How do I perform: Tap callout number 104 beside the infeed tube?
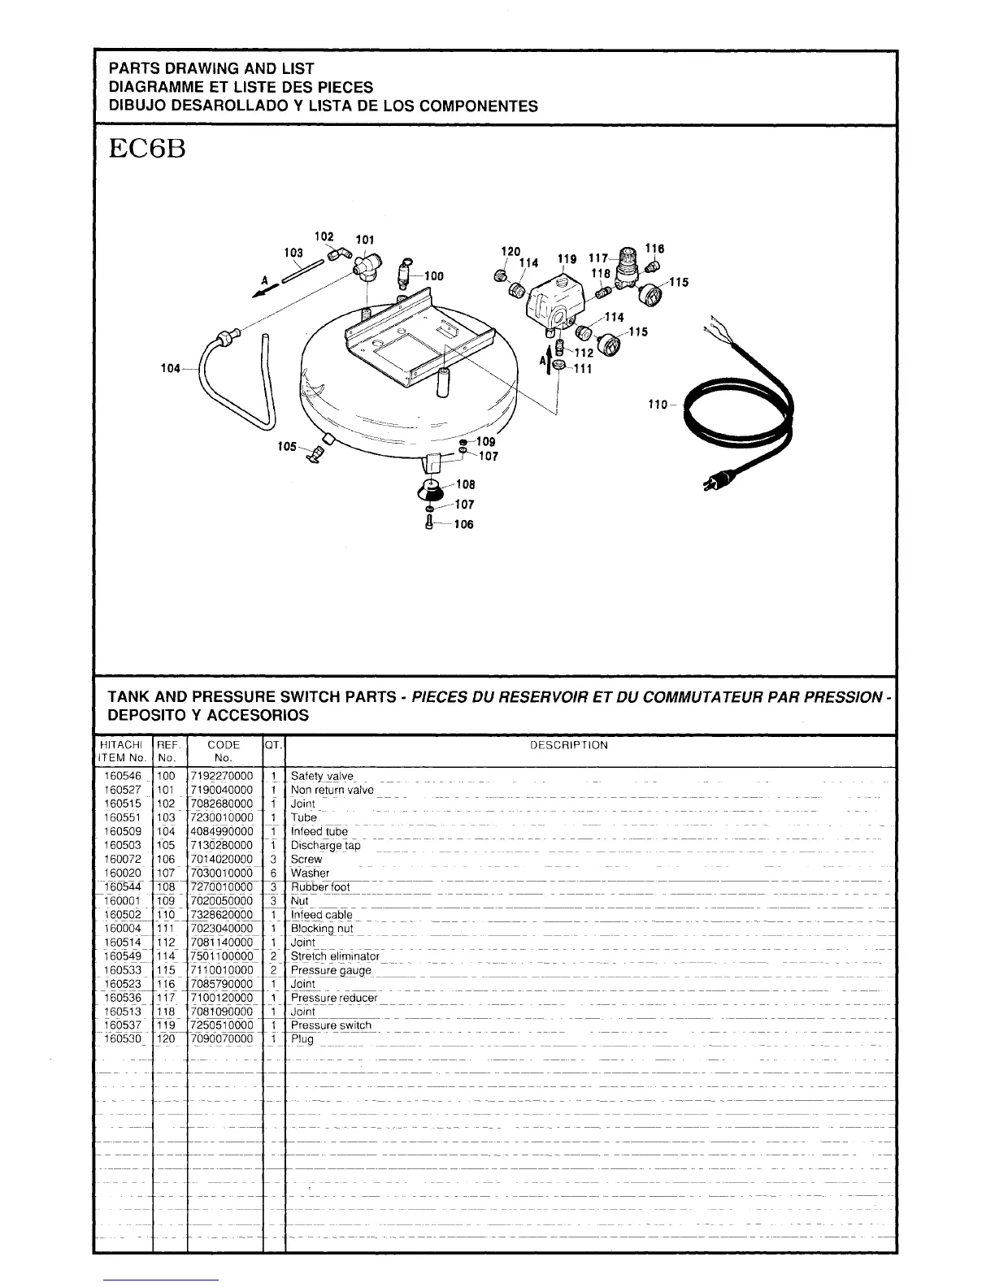pos(170,369)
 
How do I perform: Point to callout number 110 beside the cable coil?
pos(657,405)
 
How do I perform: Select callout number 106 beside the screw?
pos(463,525)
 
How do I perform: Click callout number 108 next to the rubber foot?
pos(465,485)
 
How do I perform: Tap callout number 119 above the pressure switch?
pos(567,259)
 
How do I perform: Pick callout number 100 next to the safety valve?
pos(434,276)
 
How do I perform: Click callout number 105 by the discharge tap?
pos(287,446)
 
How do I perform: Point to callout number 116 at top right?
pos(654,249)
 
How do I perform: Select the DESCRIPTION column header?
pos(569,745)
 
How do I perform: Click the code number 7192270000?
pos(221,776)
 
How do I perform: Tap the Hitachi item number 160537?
pos(123,1025)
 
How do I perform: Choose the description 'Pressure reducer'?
pos(334,998)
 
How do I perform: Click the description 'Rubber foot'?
pos(320,887)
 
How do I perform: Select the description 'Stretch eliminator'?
pos(335,956)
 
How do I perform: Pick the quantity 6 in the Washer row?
pos(274,873)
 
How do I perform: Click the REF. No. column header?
pos(167,752)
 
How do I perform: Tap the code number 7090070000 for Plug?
pos(221,1039)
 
